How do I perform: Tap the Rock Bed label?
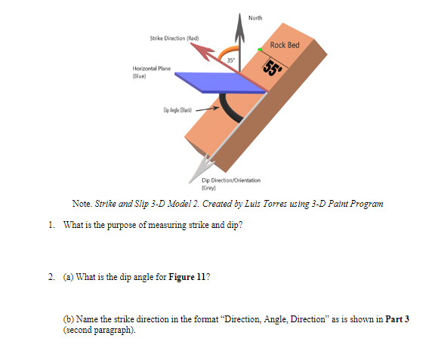pos(285,45)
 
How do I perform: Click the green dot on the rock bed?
pos(260,49)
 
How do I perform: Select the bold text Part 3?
pos(397,319)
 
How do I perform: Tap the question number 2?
pos(50,276)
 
